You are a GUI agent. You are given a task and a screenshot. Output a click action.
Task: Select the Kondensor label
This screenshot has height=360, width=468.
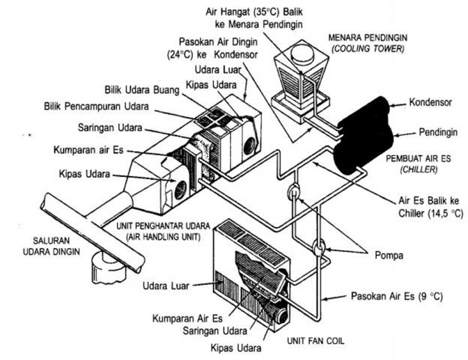point(431,102)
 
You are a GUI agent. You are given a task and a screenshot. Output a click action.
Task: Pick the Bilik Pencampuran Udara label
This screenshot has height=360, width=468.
point(97,107)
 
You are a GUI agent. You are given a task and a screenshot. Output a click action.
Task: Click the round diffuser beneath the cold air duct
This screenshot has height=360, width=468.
point(106,267)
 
